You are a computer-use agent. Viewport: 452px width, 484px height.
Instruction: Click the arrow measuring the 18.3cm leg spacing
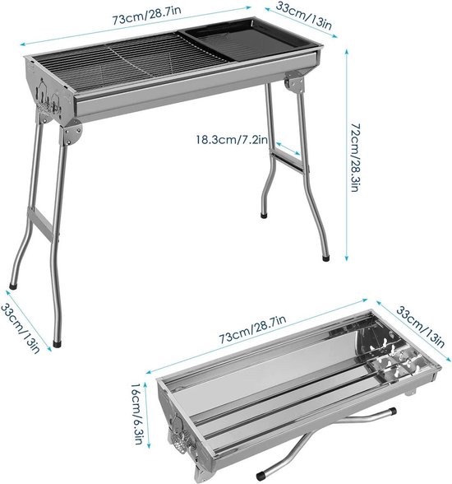pos(288,150)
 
